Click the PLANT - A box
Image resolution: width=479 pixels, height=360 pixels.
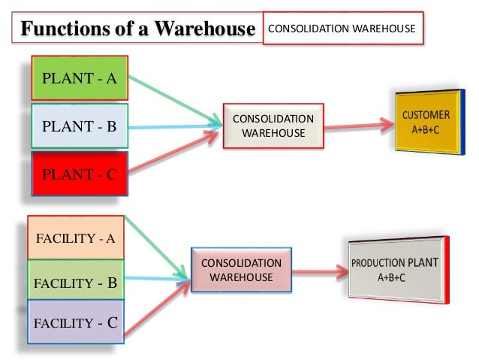[x=80, y=77]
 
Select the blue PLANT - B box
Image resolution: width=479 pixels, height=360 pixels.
[x=80, y=126]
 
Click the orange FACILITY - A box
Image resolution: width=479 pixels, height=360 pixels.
[x=76, y=239]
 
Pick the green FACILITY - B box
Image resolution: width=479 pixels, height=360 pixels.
[x=76, y=283]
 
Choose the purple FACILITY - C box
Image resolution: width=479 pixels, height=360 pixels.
[x=76, y=324]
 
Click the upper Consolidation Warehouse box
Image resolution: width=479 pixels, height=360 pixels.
[x=273, y=126]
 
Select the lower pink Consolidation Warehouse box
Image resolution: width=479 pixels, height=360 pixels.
[x=241, y=270]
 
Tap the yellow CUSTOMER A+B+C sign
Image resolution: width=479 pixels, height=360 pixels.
[x=425, y=122]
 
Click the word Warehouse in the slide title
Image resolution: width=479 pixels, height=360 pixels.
[x=209, y=30]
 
